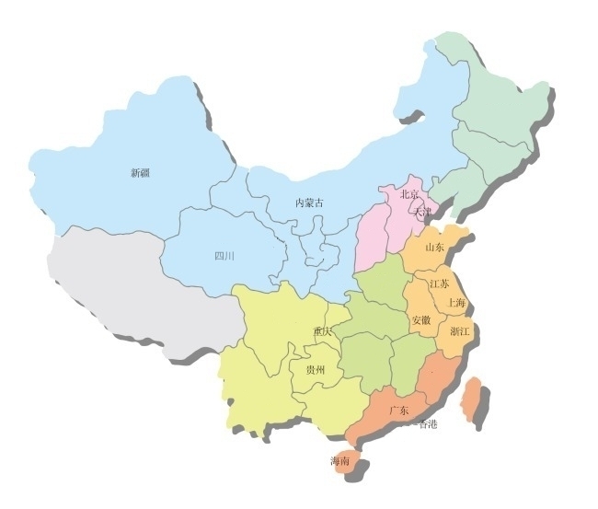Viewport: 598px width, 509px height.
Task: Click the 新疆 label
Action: pos(140,172)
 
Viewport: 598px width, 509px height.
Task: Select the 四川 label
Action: pos(224,256)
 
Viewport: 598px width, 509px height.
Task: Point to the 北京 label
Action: pos(409,194)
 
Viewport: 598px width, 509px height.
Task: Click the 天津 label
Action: pos(422,212)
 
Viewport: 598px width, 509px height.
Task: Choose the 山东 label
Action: pos(434,247)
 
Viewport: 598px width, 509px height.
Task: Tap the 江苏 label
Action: pos(439,284)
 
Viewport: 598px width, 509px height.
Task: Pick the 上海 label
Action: pos(455,302)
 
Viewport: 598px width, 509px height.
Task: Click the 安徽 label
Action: pos(421,320)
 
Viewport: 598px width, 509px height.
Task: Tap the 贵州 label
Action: pos(315,369)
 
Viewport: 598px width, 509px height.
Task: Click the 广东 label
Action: pos(398,410)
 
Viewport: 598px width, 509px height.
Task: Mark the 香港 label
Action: pos(428,424)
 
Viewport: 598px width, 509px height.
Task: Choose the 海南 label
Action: pos(340,461)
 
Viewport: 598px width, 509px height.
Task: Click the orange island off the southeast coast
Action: pos(475,399)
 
